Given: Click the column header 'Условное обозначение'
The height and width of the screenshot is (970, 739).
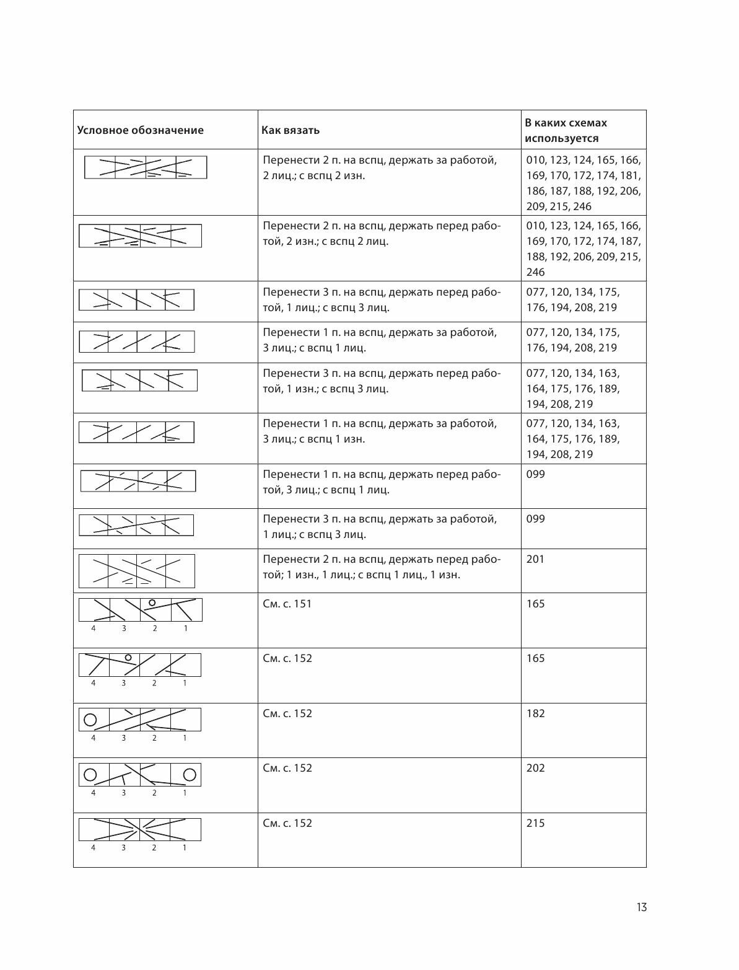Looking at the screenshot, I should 140,130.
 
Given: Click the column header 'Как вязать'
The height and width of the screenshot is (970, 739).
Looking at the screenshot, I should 291,130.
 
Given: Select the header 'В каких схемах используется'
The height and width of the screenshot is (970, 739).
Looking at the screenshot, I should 566,130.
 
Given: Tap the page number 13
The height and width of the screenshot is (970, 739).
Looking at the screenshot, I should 641,907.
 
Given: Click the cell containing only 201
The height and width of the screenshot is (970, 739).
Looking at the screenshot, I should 535,559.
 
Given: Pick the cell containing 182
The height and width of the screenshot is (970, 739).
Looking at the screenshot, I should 535,713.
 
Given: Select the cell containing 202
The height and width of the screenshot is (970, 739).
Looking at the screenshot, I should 535,768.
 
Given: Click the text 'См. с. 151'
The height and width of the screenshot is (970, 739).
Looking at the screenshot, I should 287,604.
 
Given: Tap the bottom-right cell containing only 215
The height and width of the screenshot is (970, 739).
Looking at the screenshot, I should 535,823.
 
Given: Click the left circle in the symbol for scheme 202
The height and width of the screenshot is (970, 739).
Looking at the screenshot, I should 90,775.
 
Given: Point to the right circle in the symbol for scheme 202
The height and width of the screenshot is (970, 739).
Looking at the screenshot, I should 190,775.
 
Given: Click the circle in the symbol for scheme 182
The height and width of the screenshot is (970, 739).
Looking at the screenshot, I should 90,720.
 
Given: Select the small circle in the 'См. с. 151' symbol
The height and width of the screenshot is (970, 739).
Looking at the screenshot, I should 152,602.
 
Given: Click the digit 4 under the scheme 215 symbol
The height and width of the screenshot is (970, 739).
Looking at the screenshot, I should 94,847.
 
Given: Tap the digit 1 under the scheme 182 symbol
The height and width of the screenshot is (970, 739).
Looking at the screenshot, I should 185,738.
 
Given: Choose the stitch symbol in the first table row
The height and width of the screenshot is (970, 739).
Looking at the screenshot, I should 146,167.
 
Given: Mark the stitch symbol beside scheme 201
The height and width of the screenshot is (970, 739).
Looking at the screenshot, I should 136,571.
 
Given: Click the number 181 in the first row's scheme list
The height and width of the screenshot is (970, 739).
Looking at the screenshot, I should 630,175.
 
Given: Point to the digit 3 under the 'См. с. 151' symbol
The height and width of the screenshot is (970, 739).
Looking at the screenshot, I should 124,628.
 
